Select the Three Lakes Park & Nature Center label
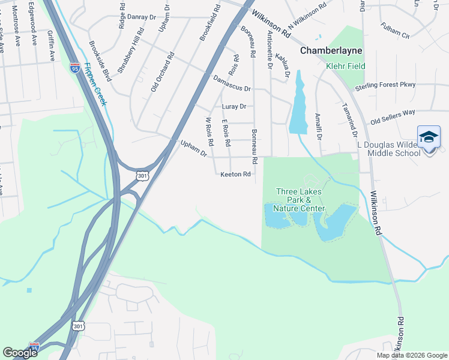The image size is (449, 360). pyautogui.click(x=299, y=200)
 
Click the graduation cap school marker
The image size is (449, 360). pyautogui.click(x=429, y=138)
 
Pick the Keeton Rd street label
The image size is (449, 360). pyautogui.click(x=235, y=175)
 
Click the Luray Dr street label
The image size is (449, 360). pyautogui.click(x=234, y=107)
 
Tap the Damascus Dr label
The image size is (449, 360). pyautogui.click(x=232, y=83)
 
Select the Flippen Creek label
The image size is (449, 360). pyautogui.click(x=95, y=84)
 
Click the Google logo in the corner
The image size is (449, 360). pyautogui.click(x=20, y=352)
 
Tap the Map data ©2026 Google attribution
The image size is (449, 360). pyautogui.click(x=411, y=355)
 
